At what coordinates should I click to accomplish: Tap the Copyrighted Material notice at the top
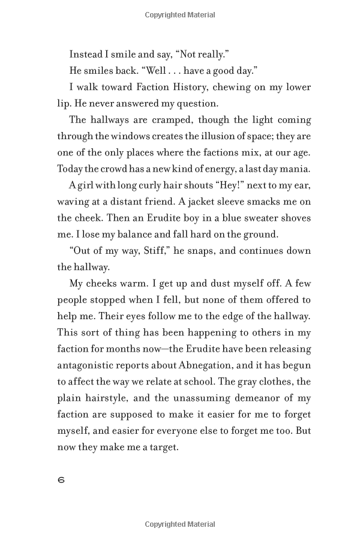coord(180,15)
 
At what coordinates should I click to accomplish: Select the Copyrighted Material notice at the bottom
coord(180,524)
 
